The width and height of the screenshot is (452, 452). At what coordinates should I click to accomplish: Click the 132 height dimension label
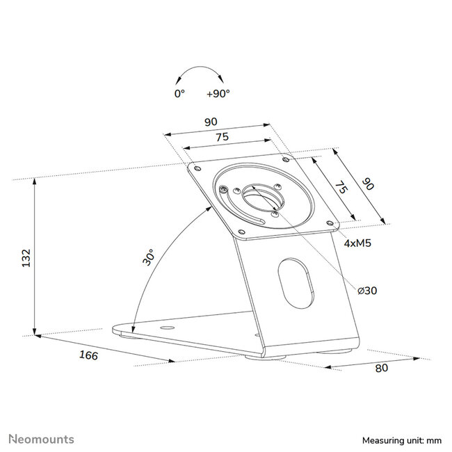(24, 257)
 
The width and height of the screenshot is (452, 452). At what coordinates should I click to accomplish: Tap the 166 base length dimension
(88, 356)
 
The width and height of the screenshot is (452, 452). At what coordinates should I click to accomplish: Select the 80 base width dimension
(381, 369)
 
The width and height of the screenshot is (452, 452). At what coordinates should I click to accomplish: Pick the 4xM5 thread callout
(356, 244)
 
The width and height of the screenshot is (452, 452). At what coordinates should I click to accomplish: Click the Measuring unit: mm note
(402, 441)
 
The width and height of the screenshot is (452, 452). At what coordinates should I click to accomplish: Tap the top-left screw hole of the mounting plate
(197, 168)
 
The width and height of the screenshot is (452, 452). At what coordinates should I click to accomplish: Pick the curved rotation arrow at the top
(197, 73)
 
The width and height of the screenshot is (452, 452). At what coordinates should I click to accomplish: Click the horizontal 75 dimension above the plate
(222, 137)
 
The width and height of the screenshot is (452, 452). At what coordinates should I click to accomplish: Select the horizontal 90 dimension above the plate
(210, 122)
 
